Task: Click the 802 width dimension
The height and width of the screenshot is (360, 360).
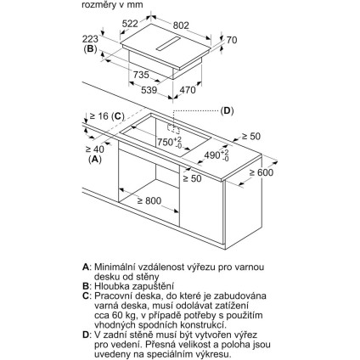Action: (x=181, y=25)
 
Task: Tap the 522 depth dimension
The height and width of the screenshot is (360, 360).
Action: (x=130, y=24)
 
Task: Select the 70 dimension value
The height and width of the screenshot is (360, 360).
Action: (x=232, y=40)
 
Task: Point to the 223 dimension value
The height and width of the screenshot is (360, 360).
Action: (x=90, y=39)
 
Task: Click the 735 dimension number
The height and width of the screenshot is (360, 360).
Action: (x=141, y=75)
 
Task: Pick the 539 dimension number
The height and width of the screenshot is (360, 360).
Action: (x=149, y=90)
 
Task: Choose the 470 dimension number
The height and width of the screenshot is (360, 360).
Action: (x=188, y=90)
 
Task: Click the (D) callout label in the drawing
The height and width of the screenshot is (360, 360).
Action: (x=227, y=110)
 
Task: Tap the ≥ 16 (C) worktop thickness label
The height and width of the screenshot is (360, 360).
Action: (x=107, y=116)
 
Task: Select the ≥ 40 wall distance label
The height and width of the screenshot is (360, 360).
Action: (x=95, y=149)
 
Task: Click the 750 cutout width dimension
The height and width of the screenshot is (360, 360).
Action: (x=169, y=142)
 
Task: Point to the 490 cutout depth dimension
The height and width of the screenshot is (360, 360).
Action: (x=217, y=155)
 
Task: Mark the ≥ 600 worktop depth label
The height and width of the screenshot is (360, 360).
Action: (x=262, y=172)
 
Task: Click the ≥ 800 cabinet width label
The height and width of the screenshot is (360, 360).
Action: (x=149, y=200)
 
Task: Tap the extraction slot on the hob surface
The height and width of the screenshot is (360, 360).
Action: (x=168, y=43)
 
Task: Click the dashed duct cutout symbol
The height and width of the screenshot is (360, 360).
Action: (x=173, y=129)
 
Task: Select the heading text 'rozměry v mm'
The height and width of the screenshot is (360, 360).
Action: (x=112, y=5)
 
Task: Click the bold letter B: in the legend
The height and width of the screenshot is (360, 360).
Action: (x=86, y=286)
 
